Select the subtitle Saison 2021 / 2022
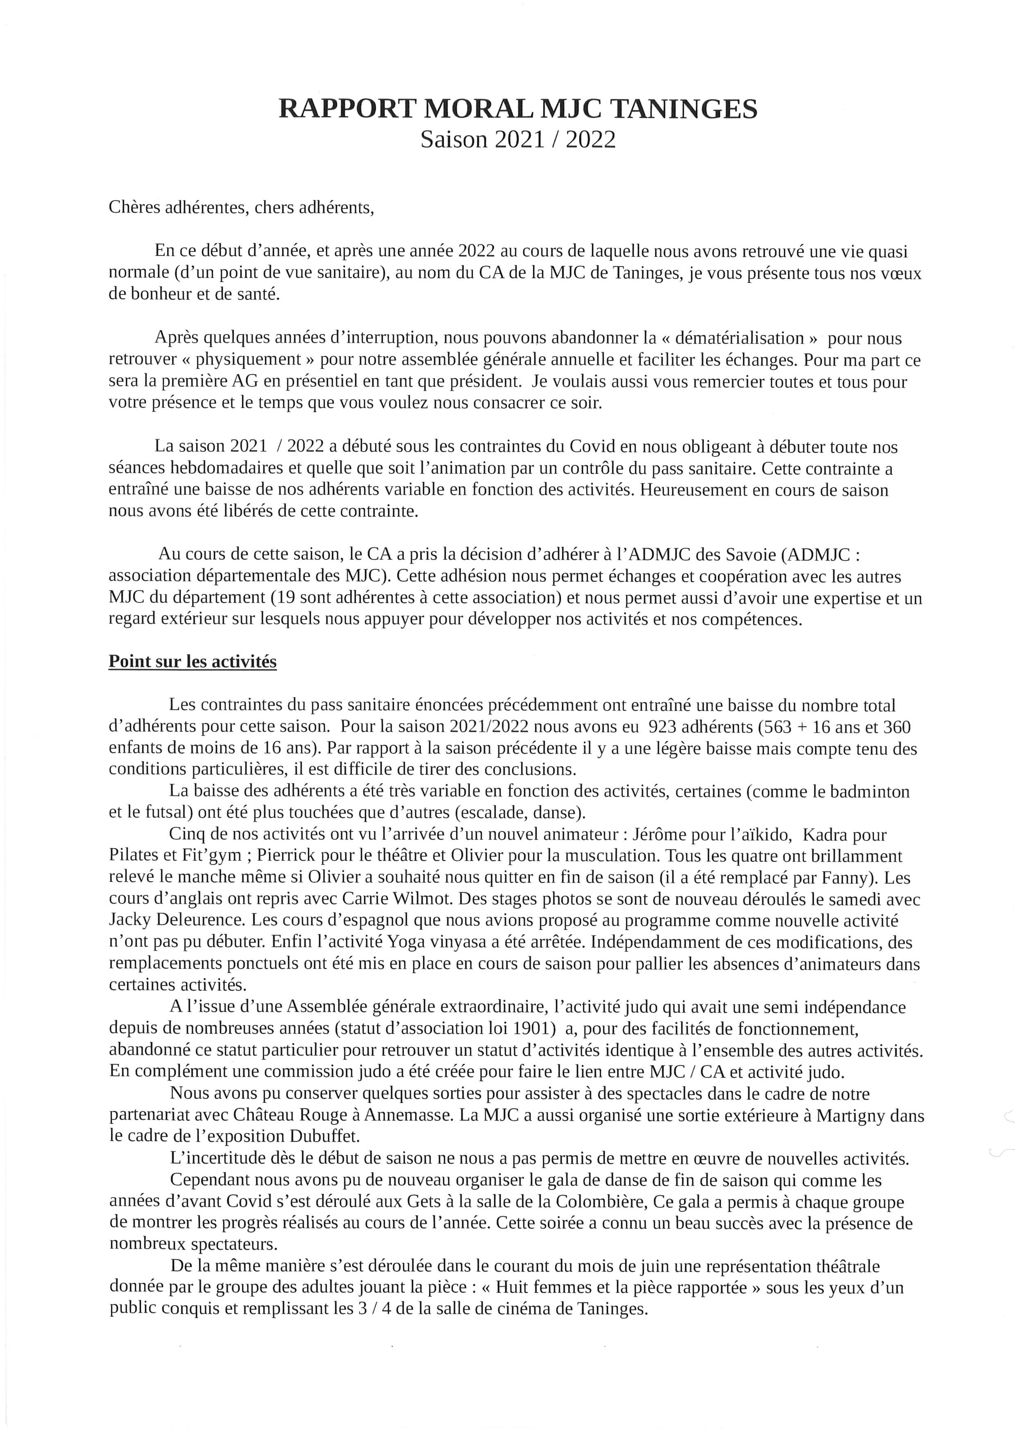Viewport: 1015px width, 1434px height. pyautogui.click(x=517, y=139)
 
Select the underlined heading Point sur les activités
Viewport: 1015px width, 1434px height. pyautogui.click(x=192, y=662)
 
